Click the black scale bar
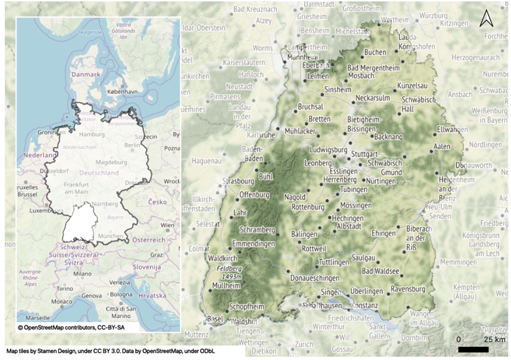coord(473,350)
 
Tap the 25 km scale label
coord(494,339)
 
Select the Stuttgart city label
coord(365,153)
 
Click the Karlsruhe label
coord(261,135)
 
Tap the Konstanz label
coord(364,305)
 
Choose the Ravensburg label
coord(408,289)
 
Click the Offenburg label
coord(253,195)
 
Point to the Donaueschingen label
coord(315,278)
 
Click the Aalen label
coord(442,147)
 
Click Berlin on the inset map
coord(132,145)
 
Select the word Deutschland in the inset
coord(99,173)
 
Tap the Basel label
coord(215,319)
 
